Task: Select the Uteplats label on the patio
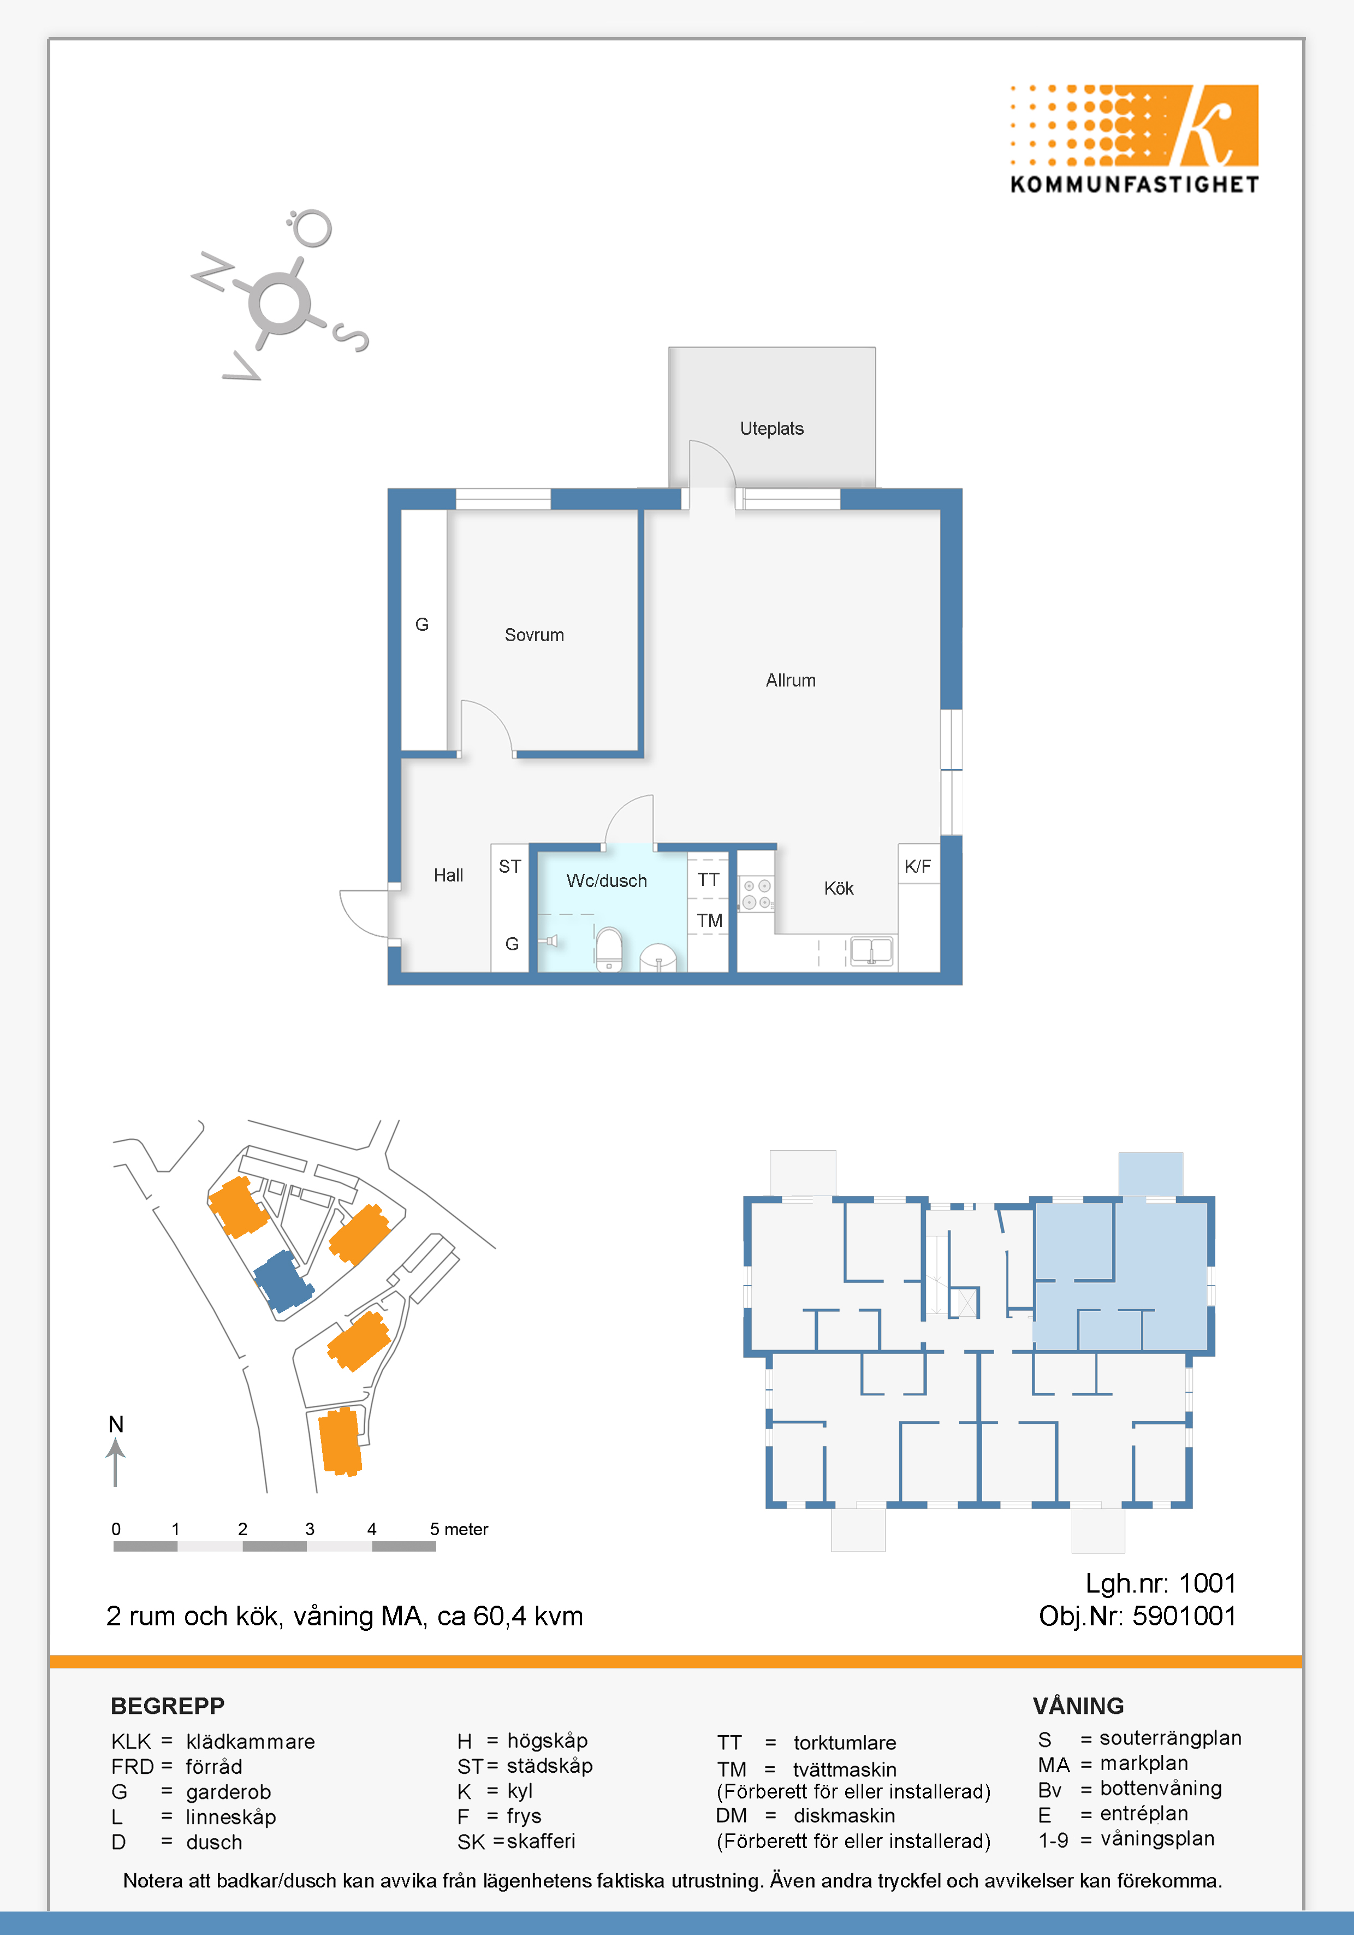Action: pos(772,429)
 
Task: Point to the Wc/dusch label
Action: pos(607,881)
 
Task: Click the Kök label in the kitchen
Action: pos(839,888)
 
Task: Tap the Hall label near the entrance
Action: pos(448,875)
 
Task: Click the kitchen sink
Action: pos(871,951)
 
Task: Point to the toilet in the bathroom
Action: pos(608,949)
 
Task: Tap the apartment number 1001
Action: pos(1207,1584)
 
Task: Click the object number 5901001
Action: pos(1184,1617)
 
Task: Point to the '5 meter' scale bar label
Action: pos(459,1529)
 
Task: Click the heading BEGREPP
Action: pos(168,1706)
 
